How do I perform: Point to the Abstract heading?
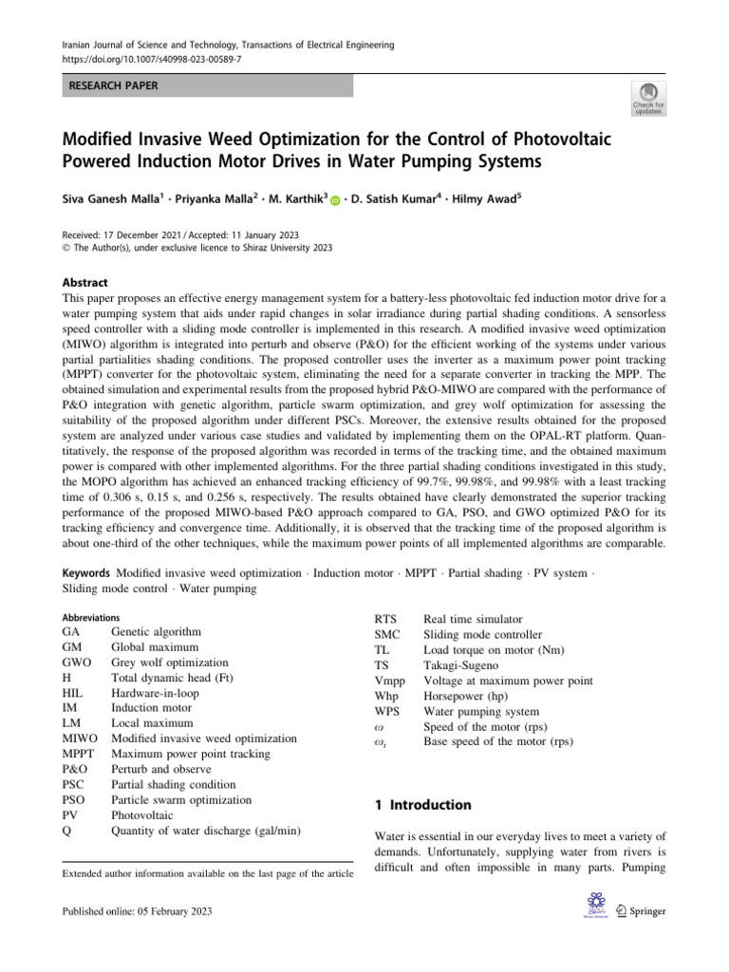tap(84, 283)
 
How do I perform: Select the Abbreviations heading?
tap(91, 616)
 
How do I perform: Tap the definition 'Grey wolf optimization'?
tap(170, 663)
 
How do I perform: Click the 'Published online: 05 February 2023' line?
tap(137, 911)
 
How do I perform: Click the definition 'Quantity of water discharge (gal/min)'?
tap(206, 831)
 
